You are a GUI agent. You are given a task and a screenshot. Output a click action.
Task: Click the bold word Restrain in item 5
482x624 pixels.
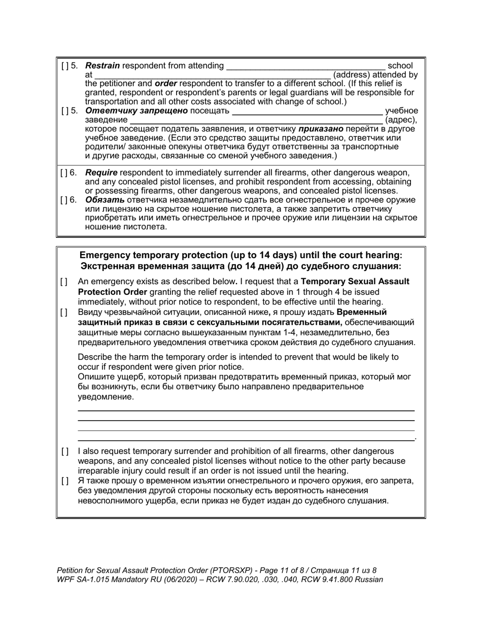coord(102,65)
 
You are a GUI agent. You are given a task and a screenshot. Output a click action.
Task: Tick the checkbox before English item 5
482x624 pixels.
coord(64,65)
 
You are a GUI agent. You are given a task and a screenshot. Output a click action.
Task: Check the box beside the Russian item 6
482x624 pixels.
coord(64,199)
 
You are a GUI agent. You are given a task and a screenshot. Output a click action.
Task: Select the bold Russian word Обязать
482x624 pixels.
coord(104,199)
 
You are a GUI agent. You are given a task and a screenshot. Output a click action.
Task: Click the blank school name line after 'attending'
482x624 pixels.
coord(306,66)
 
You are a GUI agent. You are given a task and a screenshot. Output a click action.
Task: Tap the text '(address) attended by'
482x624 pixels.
coord(375,75)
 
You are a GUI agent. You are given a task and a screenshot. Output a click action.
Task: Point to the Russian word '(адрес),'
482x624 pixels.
coord(401,120)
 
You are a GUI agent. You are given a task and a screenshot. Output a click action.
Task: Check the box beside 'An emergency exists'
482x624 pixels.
coord(64,282)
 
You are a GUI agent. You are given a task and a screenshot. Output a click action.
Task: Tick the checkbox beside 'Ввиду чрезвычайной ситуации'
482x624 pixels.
coord(64,313)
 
